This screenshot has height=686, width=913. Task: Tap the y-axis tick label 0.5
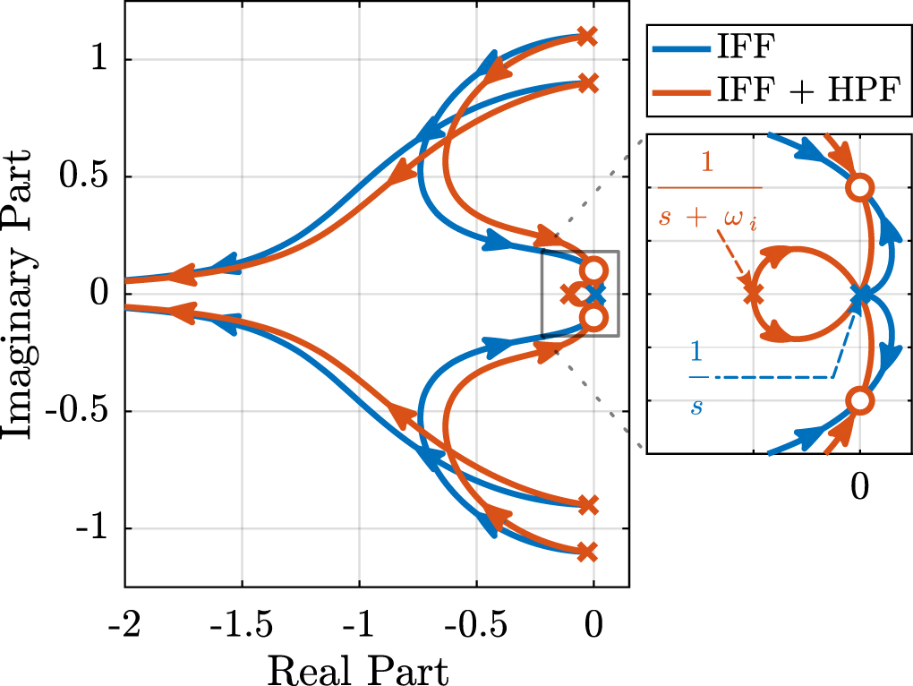pos(83,176)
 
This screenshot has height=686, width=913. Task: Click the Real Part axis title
pos(358,666)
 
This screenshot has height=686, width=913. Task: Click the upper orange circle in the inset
pos(859,187)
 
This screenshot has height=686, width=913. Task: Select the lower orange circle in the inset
pos(859,400)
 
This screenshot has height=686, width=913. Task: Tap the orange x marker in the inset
pos(753,293)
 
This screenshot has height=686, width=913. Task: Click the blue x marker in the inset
pos(860,293)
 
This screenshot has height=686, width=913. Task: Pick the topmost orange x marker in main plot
pos(586,36)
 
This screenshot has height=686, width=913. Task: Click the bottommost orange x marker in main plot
pos(586,552)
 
